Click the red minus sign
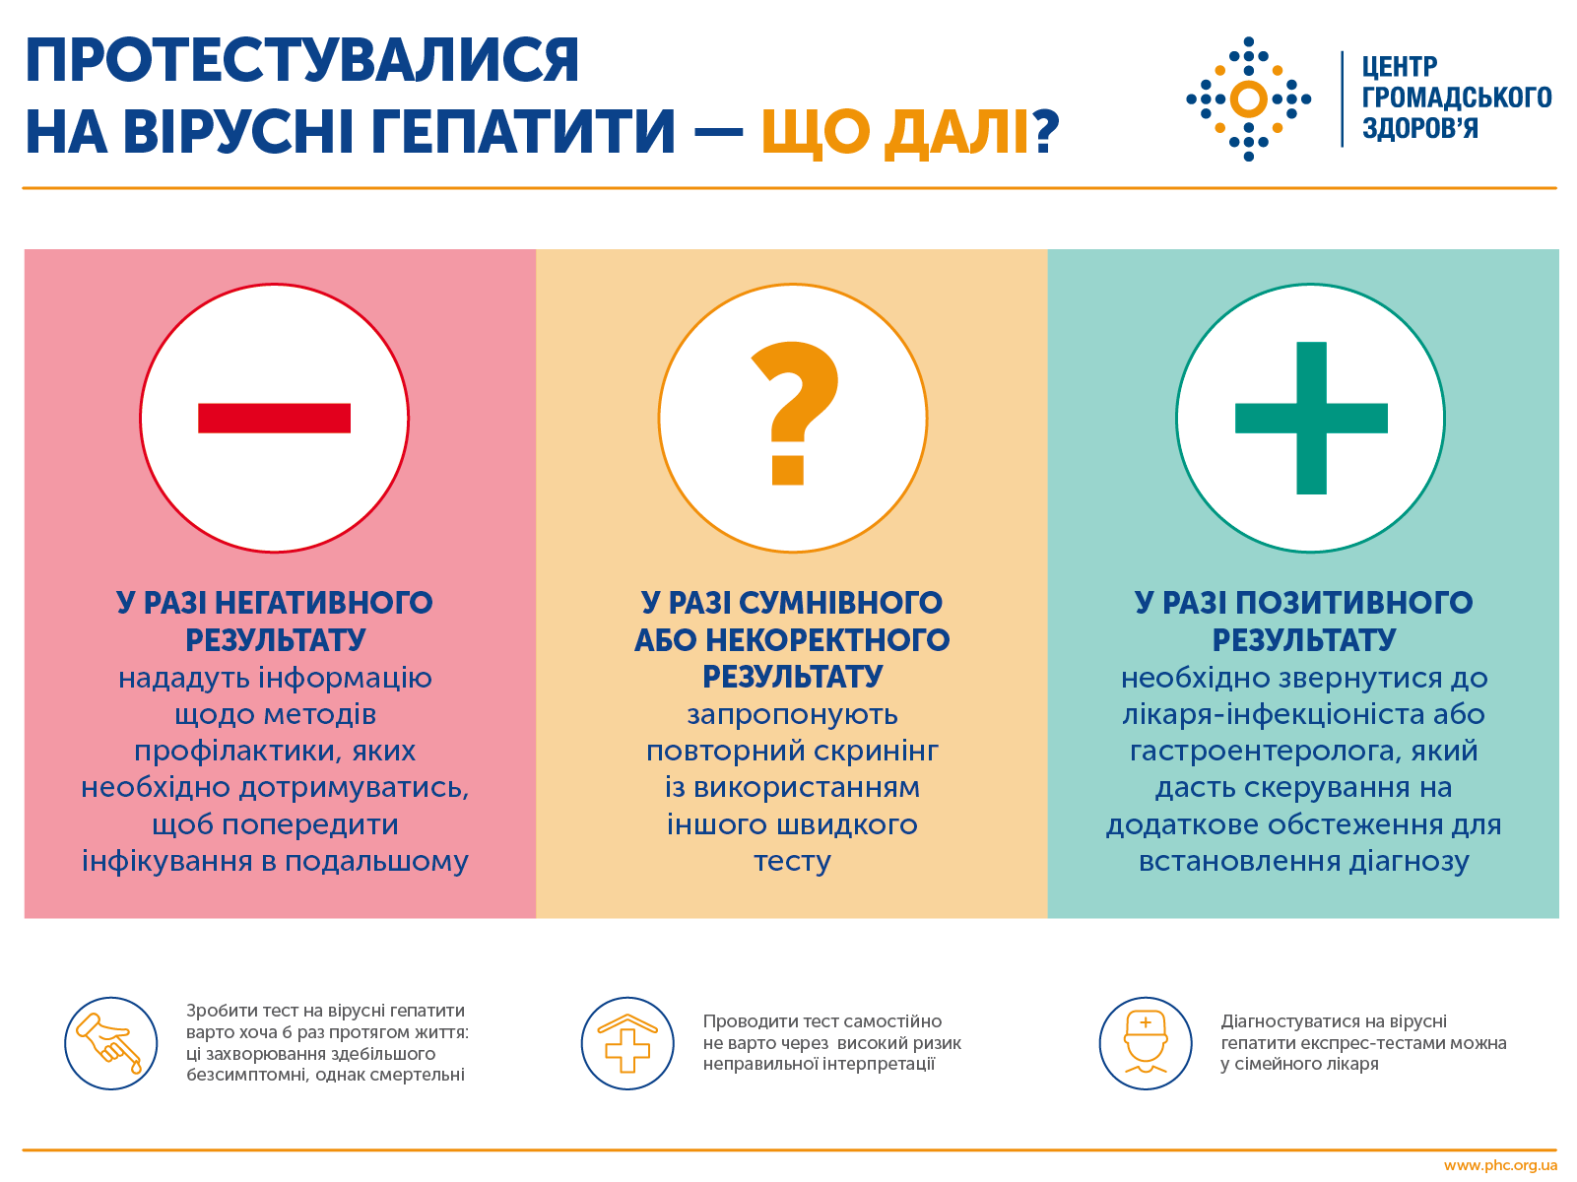point(274,418)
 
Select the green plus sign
point(1311,418)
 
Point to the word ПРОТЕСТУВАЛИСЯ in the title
point(302,61)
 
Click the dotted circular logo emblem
point(1248,98)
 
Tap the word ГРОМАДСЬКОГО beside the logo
point(1456,98)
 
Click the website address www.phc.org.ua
point(1500,1166)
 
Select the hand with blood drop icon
point(111,1043)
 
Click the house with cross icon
point(627,1043)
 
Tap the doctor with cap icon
point(1146,1043)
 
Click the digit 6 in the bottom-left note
point(288,1032)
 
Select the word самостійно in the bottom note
point(892,1021)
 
